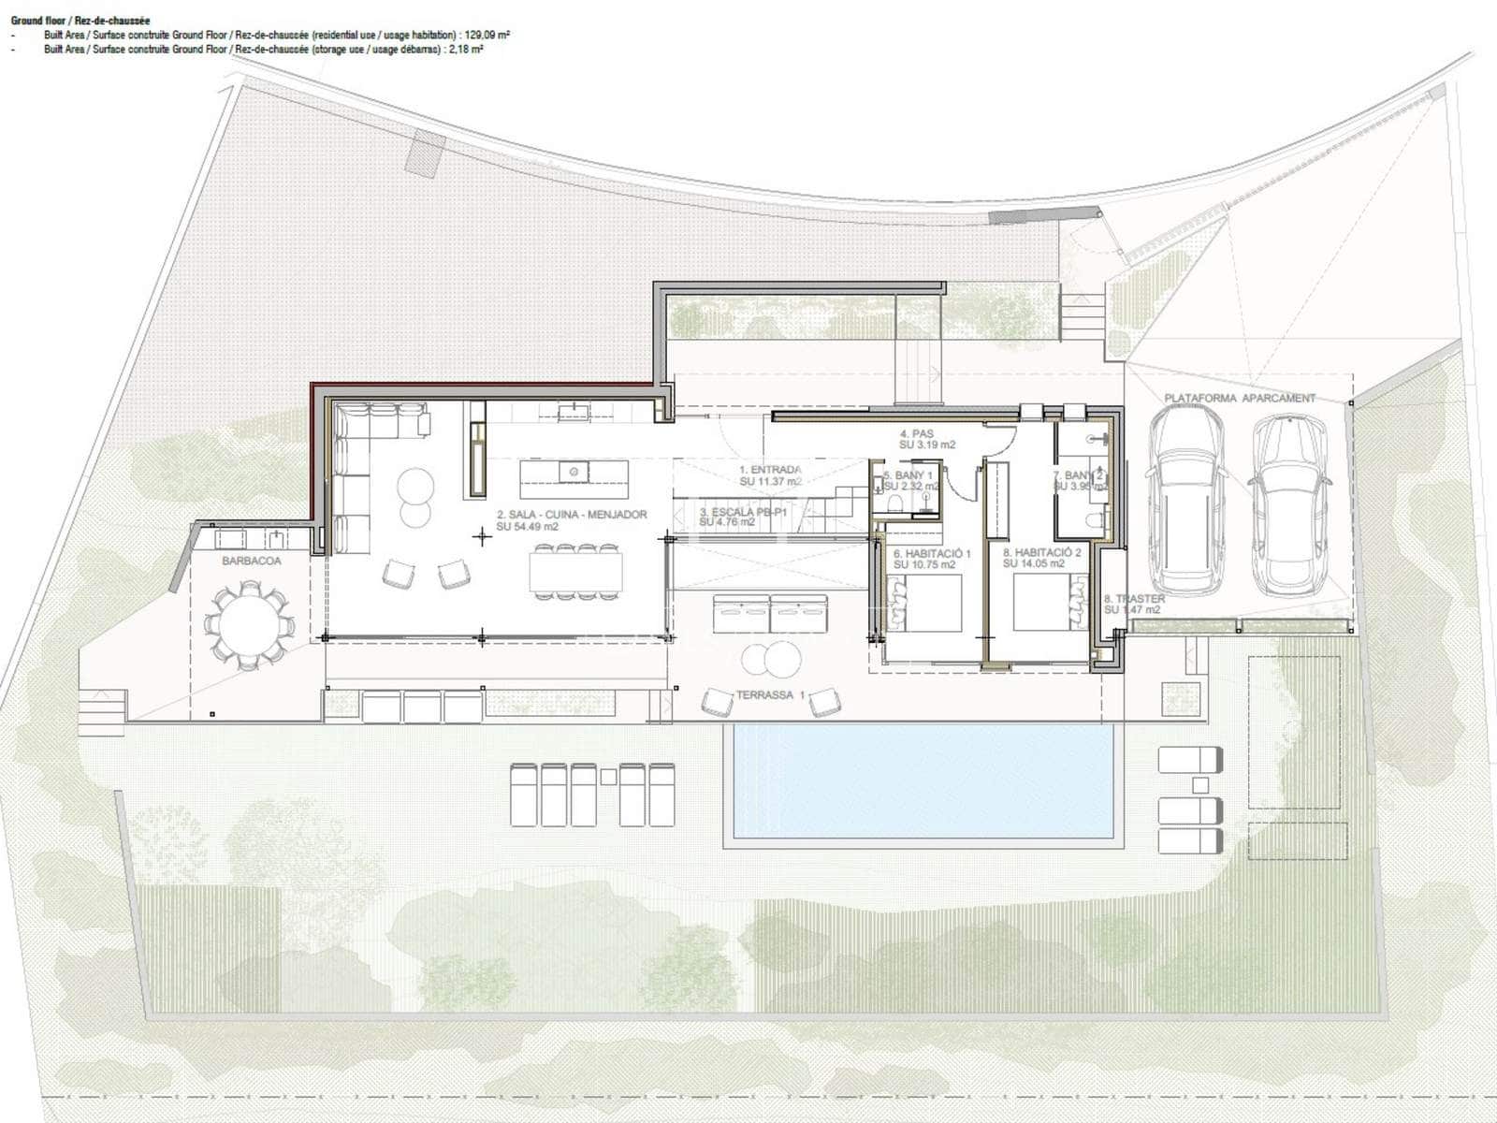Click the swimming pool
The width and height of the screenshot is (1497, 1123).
click(x=922, y=781)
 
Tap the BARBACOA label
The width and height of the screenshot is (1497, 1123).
click(x=251, y=561)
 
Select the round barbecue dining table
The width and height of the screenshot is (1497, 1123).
click(x=248, y=625)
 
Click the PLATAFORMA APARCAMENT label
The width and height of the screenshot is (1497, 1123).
click(x=1239, y=398)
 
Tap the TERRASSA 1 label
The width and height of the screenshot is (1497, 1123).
click(x=770, y=695)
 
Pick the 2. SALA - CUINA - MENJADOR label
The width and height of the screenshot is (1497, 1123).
click(x=572, y=515)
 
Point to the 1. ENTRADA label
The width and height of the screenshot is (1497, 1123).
click(x=770, y=470)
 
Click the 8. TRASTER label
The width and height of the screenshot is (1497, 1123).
click(x=1134, y=599)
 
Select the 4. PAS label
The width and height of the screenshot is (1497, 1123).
click(x=917, y=434)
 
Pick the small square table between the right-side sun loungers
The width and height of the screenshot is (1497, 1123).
click(x=1200, y=785)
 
